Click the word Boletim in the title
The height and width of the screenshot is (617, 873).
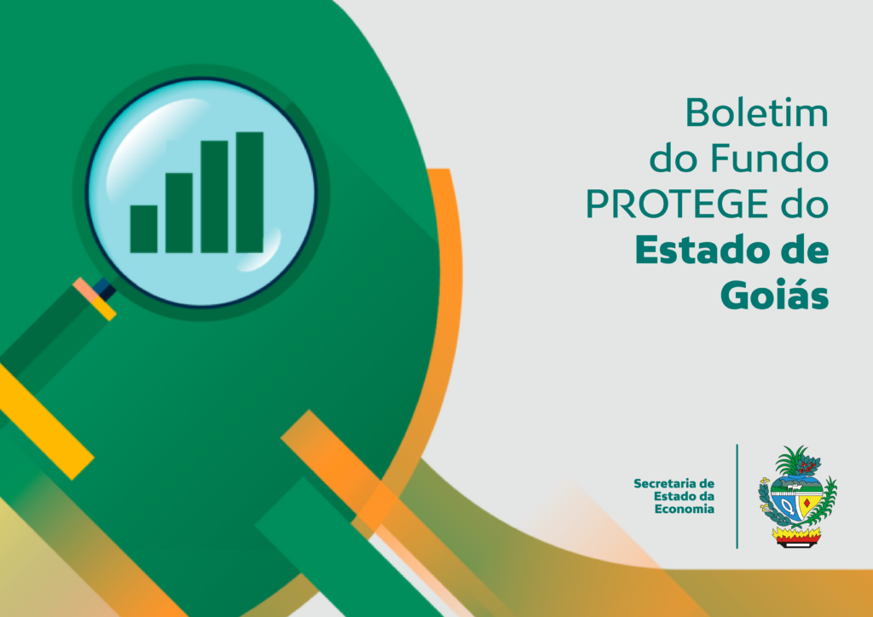click(x=757, y=112)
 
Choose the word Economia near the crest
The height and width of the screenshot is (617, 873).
click(x=684, y=509)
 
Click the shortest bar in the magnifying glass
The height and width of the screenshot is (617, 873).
click(x=143, y=229)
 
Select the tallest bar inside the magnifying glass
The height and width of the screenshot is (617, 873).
click(x=250, y=193)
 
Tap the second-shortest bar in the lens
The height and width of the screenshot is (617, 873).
click(x=179, y=213)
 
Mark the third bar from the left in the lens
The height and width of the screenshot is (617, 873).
click(x=214, y=197)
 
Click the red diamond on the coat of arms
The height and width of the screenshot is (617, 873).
click(x=807, y=504)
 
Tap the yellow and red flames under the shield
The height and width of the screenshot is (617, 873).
click(x=796, y=536)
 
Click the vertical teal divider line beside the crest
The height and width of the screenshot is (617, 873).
click(x=737, y=496)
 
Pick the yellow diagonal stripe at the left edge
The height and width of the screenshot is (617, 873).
click(x=43, y=420)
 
